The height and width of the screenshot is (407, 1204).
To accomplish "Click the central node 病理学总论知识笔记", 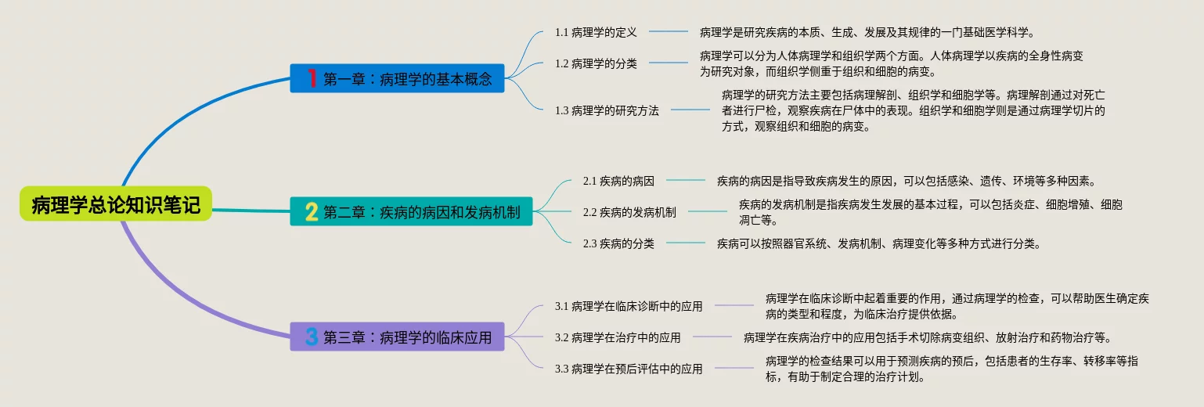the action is tap(116, 203).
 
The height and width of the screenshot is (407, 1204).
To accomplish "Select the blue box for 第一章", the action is tap(397, 78).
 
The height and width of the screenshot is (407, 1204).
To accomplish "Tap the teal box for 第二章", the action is tap(411, 211).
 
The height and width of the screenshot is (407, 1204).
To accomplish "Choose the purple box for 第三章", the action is tap(397, 337).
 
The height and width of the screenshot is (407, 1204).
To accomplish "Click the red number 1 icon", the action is tap(312, 78).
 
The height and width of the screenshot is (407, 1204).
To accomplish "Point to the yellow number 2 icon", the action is tap(312, 211).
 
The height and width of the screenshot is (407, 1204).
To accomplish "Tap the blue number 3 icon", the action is tap(312, 337).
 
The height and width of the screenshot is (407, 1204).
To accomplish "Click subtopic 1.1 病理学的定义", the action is tap(596, 32).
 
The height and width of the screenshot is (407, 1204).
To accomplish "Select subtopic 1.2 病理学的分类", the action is tap(596, 63).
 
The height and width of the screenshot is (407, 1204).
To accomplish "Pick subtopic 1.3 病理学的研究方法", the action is tap(607, 110).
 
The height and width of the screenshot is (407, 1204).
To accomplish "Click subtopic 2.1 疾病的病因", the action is tap(618, 181).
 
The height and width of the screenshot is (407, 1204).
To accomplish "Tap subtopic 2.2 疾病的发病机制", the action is tap(629, 212).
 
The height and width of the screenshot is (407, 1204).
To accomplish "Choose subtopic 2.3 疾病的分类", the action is tap(618, 243).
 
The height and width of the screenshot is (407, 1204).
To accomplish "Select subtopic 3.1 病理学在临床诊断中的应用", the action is tap(629, 306).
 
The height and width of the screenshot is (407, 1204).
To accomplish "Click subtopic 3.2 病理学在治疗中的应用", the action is tap(618, 337).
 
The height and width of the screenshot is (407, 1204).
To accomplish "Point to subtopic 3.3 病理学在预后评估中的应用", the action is tap(629, 369).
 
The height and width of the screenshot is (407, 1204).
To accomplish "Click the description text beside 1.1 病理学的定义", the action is tap(867, 32).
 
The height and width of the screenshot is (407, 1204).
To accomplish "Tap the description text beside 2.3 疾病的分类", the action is tap(880, 243).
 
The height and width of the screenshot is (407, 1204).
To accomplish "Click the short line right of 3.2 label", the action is tap(712, 337).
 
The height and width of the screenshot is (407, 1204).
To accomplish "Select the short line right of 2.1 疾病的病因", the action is tap(685, 180).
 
